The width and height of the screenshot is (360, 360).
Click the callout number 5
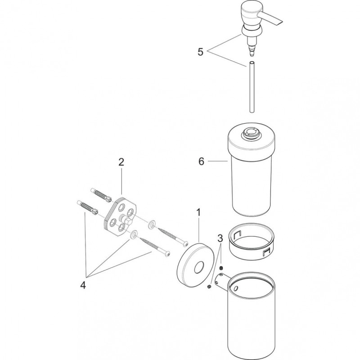pyautogui.click(x=200, y=52)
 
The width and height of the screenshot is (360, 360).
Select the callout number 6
pyautogui.click(x=201, y=162)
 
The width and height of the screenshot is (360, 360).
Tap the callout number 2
pyautogui.click(x=121, y=162)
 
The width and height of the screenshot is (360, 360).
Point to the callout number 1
pyautogui.click(x=198, y=212)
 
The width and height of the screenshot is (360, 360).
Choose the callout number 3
pyautogui.click(x=220, y=238)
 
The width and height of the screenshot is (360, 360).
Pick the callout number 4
pyautogui.click(x=83, y=285)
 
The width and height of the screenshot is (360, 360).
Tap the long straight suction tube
pyautogui.click(x=252, y=87)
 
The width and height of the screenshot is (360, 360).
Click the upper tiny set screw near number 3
pyautogui.click(x=221, y=268)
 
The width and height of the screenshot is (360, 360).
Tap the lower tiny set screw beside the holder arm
pyautogui.click(x=209, y=287)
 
